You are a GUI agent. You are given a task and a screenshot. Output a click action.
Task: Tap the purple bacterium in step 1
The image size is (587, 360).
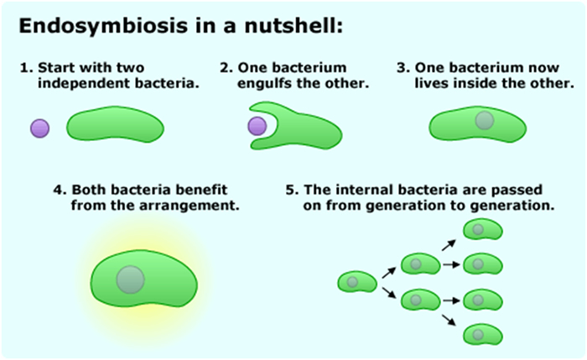39,128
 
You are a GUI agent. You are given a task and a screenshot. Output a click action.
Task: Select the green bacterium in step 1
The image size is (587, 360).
115,125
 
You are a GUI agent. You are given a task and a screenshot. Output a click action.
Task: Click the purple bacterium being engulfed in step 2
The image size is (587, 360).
257,127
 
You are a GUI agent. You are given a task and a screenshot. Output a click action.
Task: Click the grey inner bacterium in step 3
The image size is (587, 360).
484,120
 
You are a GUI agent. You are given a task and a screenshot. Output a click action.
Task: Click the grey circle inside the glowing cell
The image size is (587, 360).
130,279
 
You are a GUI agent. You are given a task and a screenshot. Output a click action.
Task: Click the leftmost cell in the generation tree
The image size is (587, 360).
353,282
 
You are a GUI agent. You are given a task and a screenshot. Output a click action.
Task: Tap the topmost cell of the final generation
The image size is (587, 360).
479,229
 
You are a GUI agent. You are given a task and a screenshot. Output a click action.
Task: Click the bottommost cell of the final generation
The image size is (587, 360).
479,334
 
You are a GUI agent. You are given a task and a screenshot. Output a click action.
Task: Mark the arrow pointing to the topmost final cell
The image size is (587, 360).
450,243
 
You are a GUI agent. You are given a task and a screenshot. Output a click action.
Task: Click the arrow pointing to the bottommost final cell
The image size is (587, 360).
450,319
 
